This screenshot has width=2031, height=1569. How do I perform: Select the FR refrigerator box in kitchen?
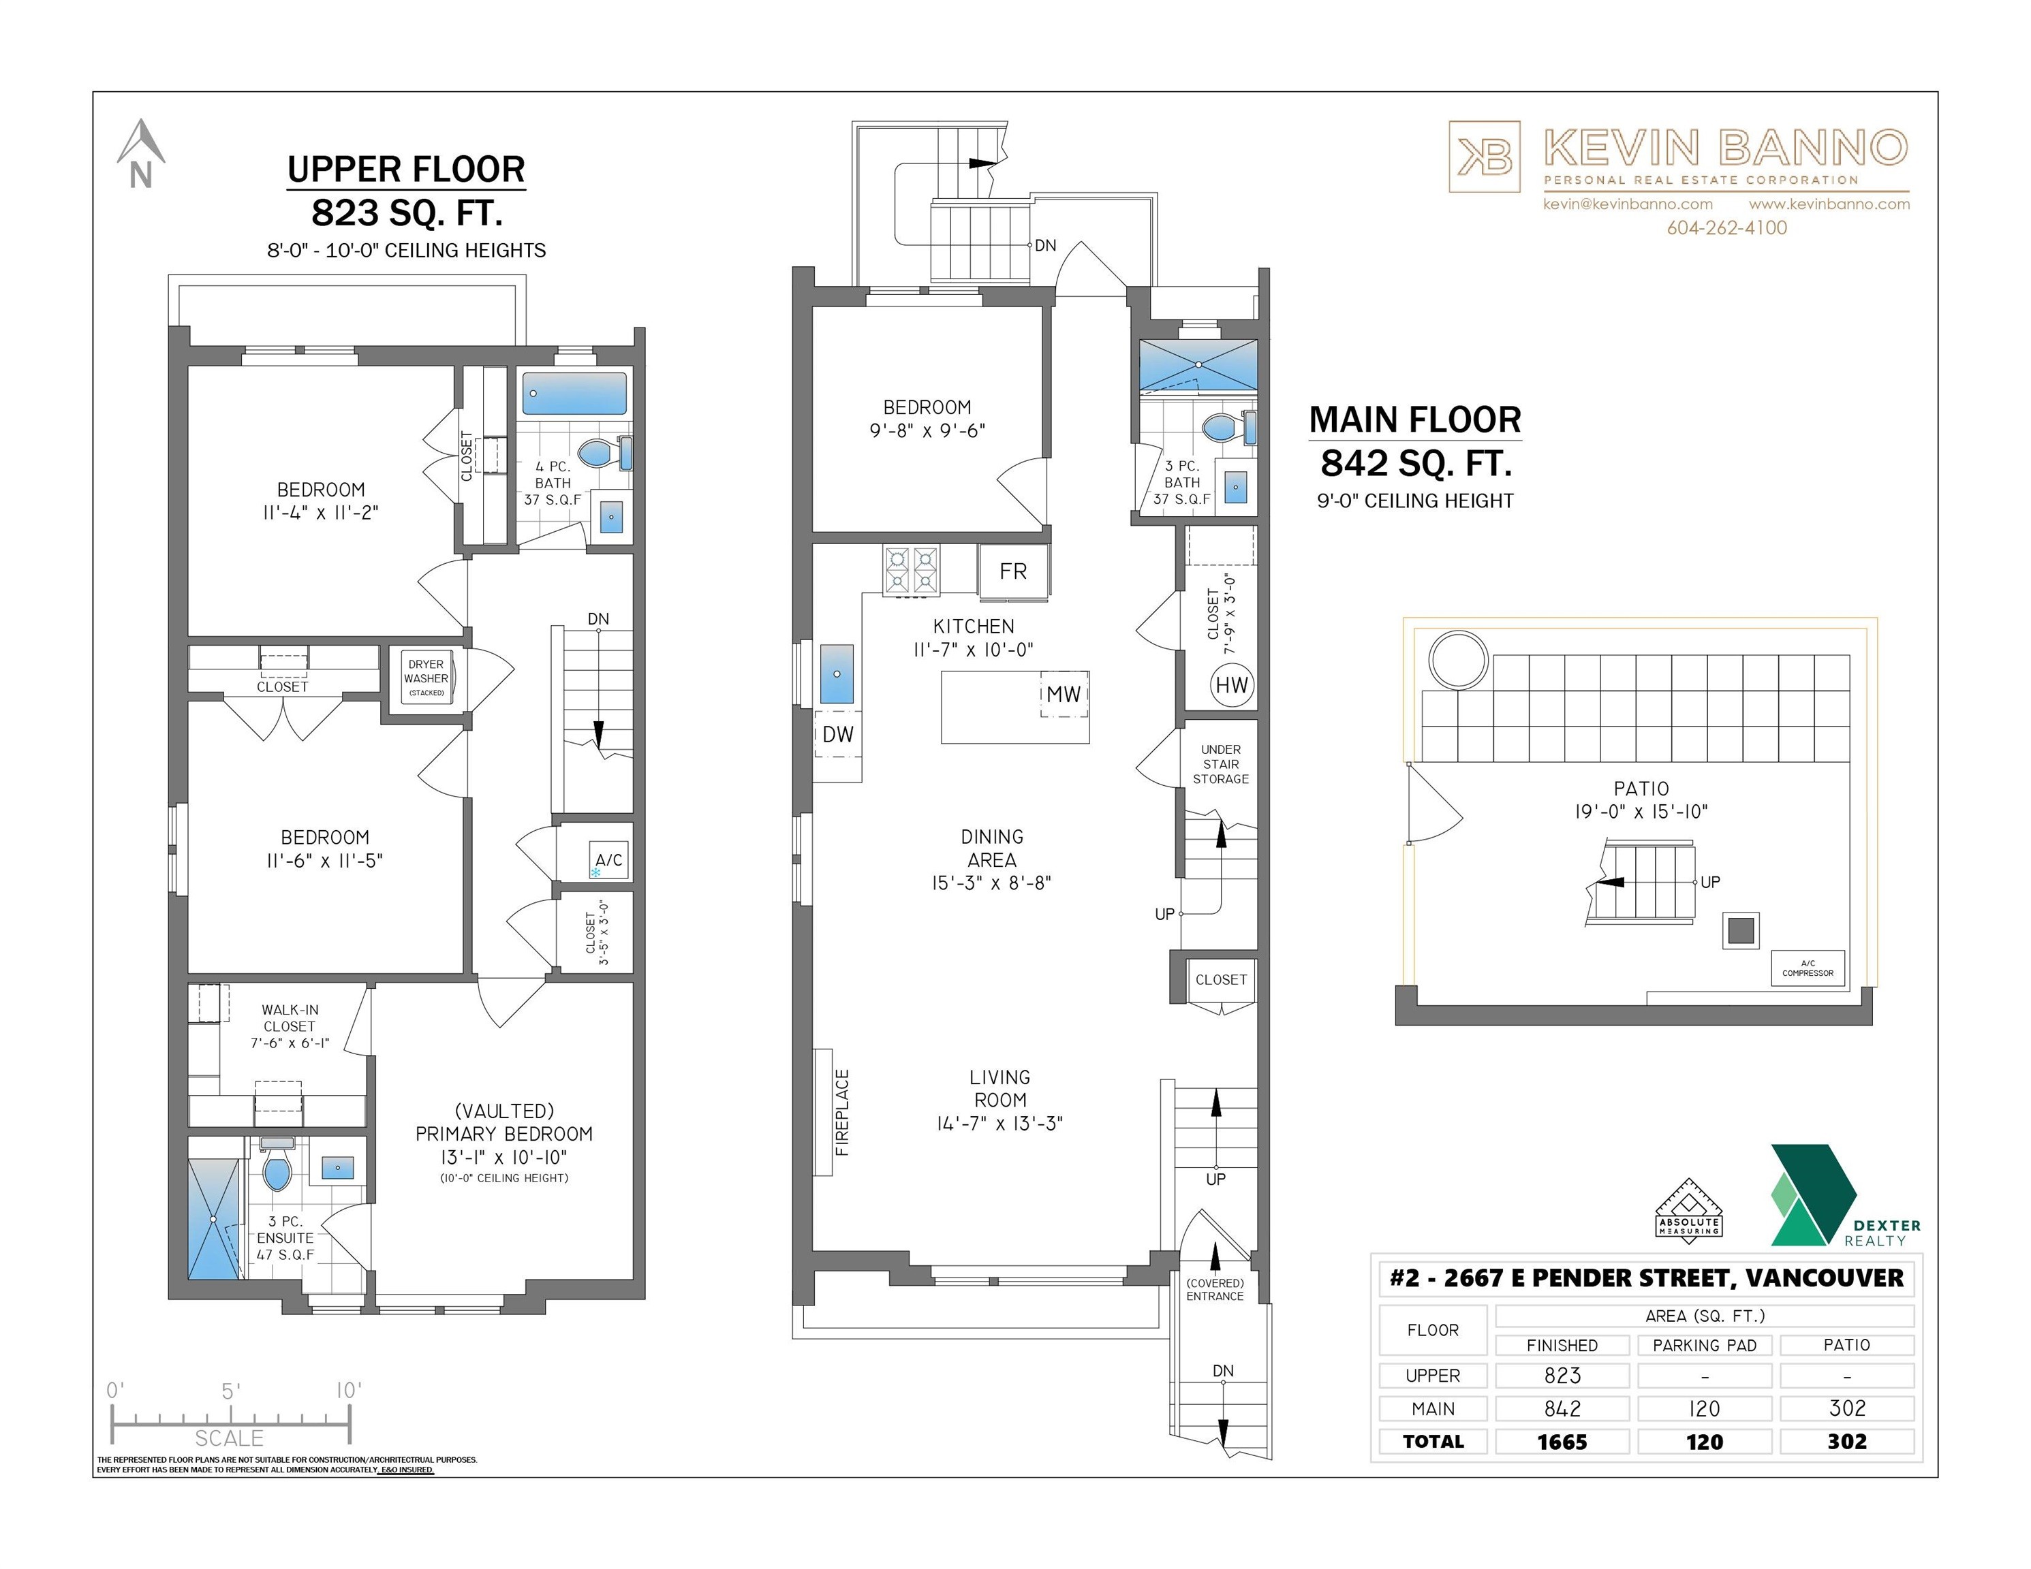click(1012, 571)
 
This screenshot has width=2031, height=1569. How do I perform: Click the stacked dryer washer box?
click(426, 678)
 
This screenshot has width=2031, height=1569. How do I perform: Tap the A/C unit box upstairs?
click(609, 861)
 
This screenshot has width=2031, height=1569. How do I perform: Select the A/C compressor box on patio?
click(1807, 968)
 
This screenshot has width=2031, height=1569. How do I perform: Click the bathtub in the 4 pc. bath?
click(574, 393)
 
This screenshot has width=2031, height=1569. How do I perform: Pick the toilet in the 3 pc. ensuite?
click(277, 1169)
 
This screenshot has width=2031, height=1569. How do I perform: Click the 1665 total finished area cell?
click(1562, 1442)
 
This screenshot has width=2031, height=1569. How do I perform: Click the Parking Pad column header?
click(1704, 1345)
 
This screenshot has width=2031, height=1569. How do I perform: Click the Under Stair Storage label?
click(1220, 764)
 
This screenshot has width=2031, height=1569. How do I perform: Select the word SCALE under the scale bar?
click(229, 1438)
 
